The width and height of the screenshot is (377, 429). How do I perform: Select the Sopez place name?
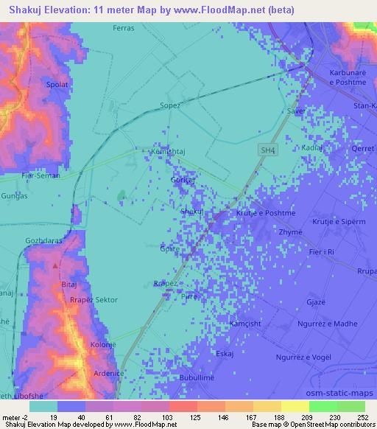[169, 106]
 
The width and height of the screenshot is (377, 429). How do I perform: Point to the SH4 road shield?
[268, 150]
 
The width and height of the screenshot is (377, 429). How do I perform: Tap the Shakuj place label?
[192, 212]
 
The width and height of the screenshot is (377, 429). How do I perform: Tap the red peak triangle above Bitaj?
[55, 265]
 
